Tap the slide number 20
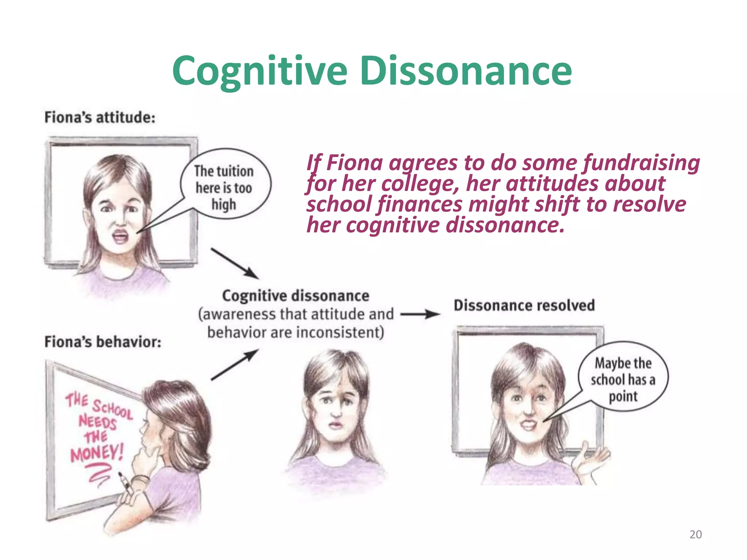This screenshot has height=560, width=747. click(x=696, y=534)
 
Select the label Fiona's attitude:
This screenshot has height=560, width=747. click(x=100, y=117)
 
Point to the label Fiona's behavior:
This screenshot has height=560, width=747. click(x=102, y=342)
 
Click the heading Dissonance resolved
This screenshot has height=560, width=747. click(x=524, y=305)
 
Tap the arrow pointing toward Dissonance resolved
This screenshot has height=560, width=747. click(x=420, y=314)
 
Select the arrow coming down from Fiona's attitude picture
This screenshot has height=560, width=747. click(x=235, y=263)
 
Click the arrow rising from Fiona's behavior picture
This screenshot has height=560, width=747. click(x=235, y=365)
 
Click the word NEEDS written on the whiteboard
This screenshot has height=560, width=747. click(x=97, y=422)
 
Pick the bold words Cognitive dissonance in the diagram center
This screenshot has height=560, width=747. click(x=295, y=296)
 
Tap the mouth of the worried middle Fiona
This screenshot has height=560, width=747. click(x=336, y=425)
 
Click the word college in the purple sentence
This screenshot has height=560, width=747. click(x=420, y=183)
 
